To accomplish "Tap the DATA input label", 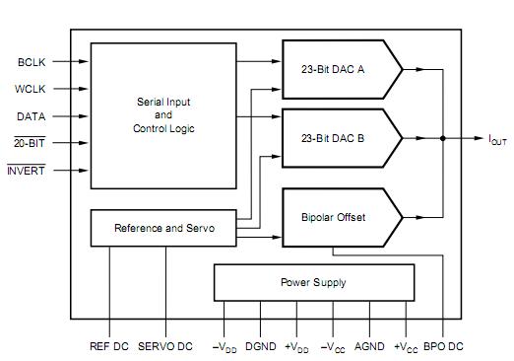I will pos(31,115).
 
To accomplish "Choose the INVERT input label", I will pos(26,170).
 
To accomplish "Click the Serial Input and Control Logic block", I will pos(162,115).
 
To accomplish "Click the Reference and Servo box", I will pos(163,228).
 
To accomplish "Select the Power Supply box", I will pos(314,282).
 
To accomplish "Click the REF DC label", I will pos(109,346).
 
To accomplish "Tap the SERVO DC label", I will pos(165,346).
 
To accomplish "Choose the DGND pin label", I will pos(261,346).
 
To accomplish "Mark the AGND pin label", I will pos(369,346).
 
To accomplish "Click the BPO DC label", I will pos(442,346).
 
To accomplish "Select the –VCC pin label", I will pos(334,346).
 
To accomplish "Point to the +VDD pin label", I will pos(296,346).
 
